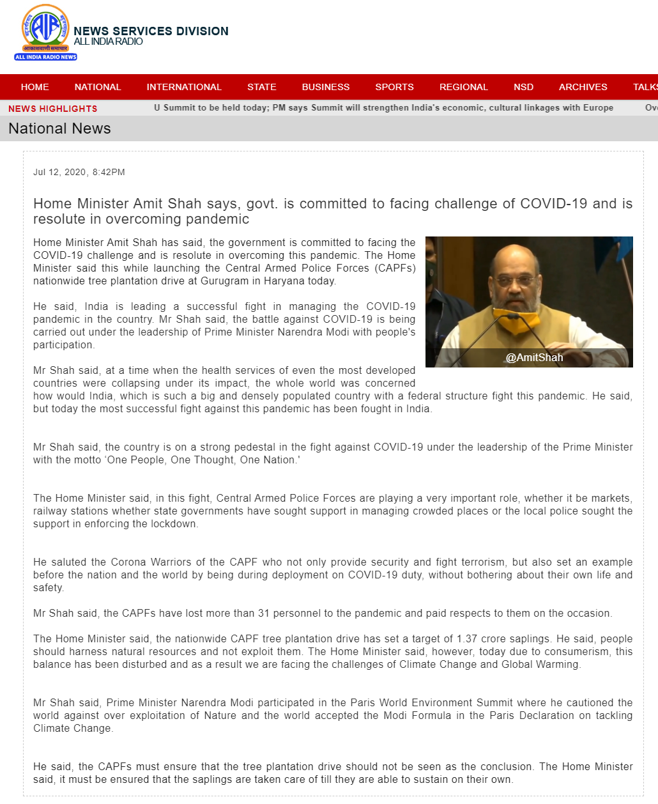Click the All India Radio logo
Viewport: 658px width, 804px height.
tap(45, 33)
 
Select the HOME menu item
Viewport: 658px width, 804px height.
tap(34, 87)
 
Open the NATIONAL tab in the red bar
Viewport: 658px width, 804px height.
tap(97, 87)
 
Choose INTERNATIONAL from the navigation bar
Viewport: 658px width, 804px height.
tap(184, 87)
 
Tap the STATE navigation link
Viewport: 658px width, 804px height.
tap(262, 87)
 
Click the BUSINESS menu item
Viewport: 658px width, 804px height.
tap(326, 87)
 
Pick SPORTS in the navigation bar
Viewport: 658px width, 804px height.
tap(394, 87)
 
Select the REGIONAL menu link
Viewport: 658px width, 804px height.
tap(463, 87)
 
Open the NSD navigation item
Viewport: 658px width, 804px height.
tap(523, 87)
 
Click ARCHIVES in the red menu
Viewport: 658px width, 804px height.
tap(583, 87)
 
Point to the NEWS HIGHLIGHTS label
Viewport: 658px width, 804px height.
tap(53, 109)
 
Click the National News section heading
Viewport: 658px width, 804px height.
tap(59, 128)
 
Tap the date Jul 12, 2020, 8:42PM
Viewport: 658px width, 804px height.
tap(79, 172)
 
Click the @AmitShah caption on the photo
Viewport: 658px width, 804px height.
tap(534, 357)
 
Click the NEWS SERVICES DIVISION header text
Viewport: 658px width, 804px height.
tap(151, 31)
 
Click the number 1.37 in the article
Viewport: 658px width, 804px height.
tap(467, 638)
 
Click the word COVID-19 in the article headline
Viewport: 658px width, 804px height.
tap(553, 204)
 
